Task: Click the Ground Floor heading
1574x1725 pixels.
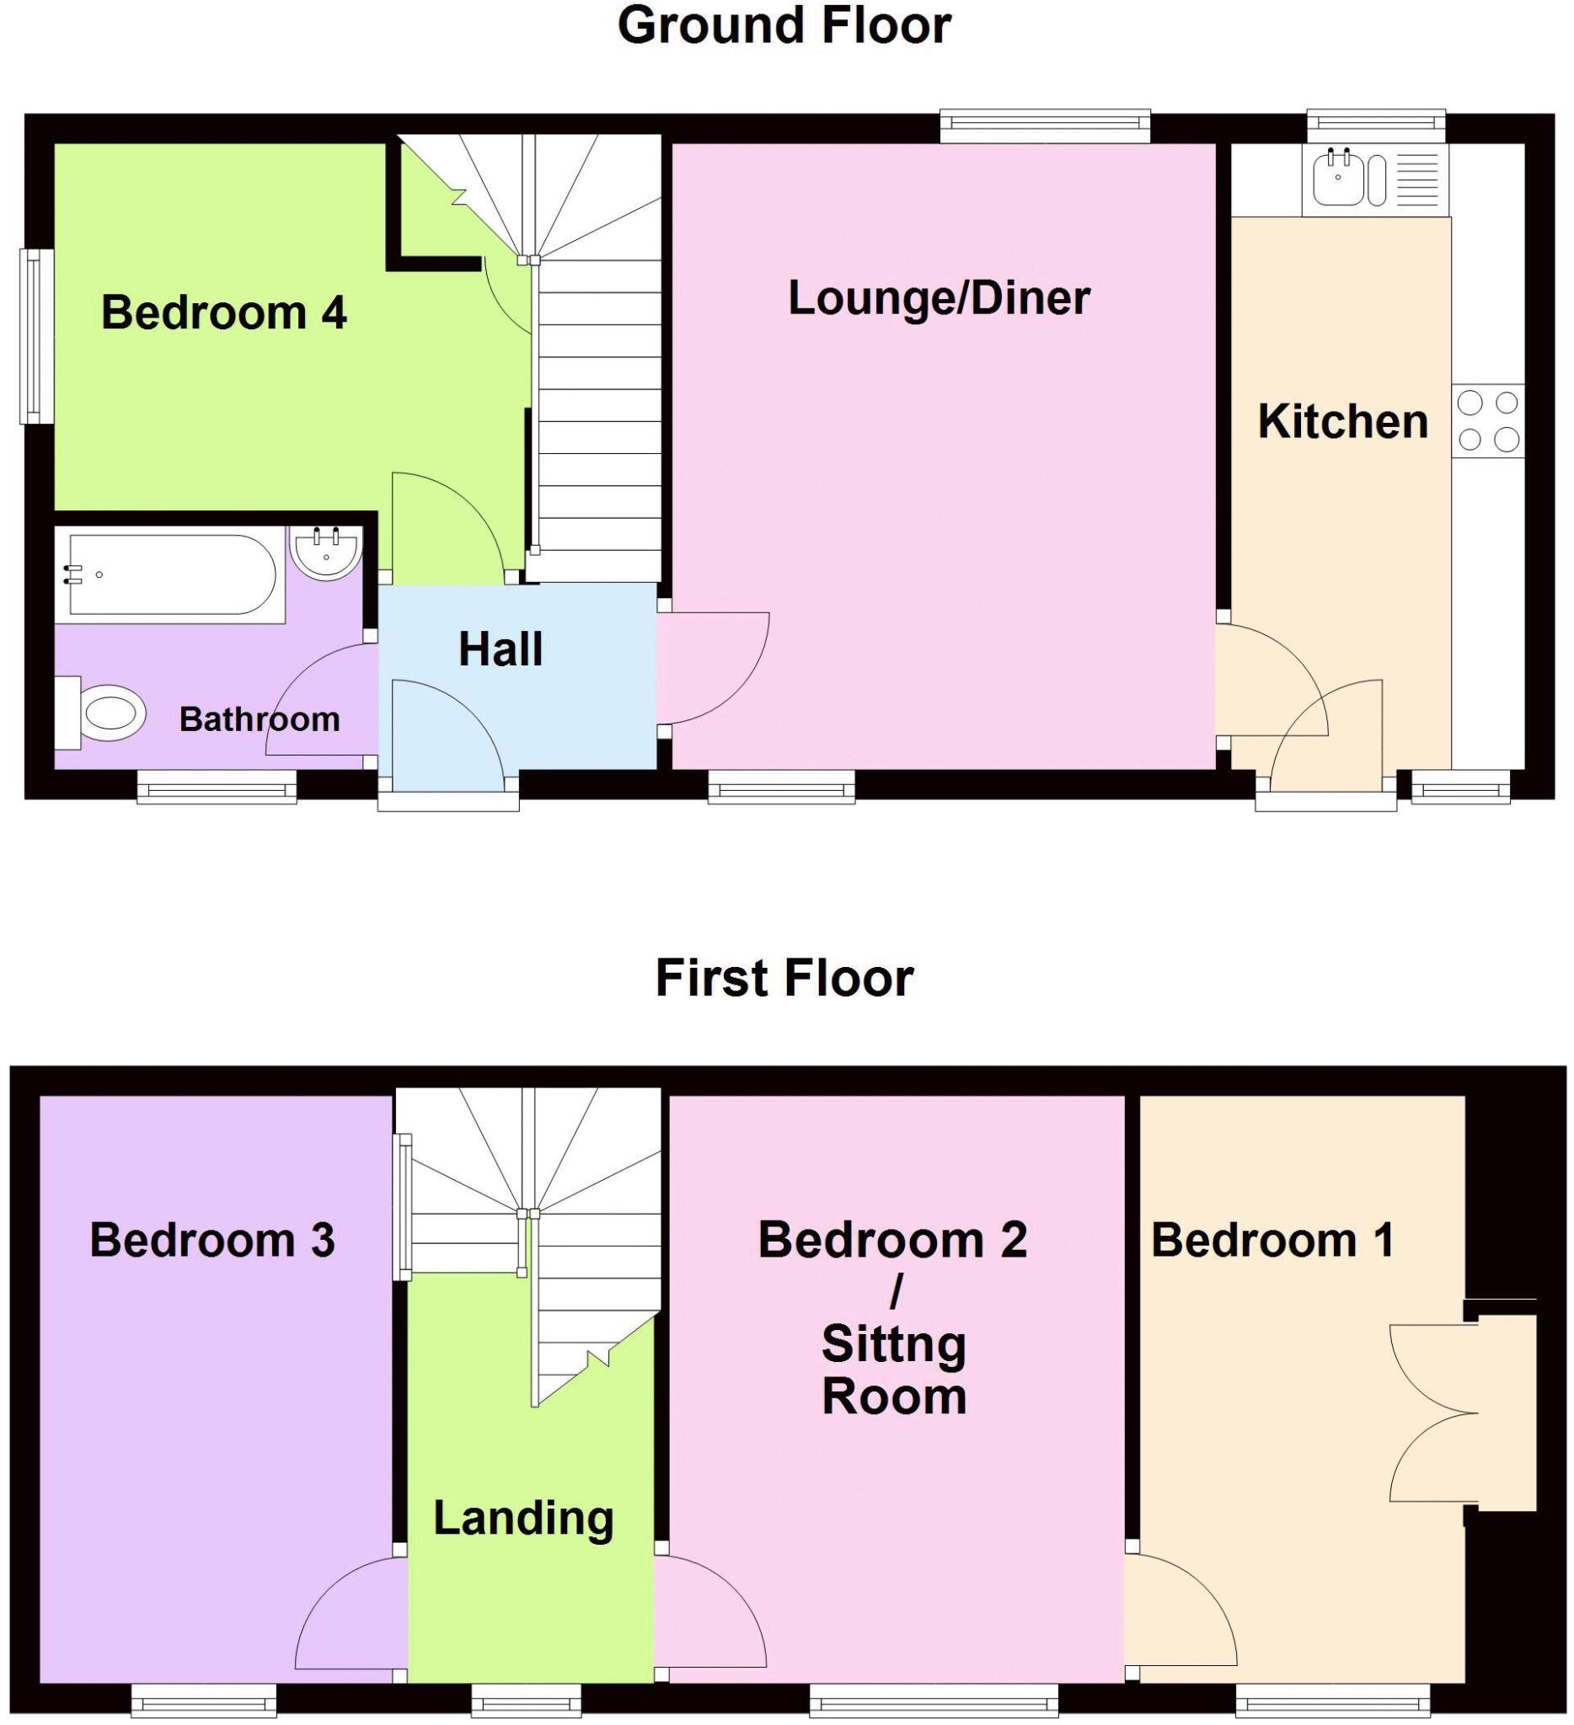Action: [783, 25]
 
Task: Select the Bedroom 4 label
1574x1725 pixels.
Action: [223, 312]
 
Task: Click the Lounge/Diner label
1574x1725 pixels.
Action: [938, 299]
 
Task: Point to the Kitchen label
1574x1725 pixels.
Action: [1342, 422]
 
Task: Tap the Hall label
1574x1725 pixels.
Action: [501, 649]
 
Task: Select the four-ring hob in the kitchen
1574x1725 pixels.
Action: [1487, 420]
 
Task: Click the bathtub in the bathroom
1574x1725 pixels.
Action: [171, 574]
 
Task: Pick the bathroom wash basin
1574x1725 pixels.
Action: [325, 553]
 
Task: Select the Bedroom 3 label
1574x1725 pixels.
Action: [212, 1240]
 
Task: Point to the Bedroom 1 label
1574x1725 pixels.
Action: [1272, 1240]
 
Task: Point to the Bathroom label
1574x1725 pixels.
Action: [260, 719]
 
